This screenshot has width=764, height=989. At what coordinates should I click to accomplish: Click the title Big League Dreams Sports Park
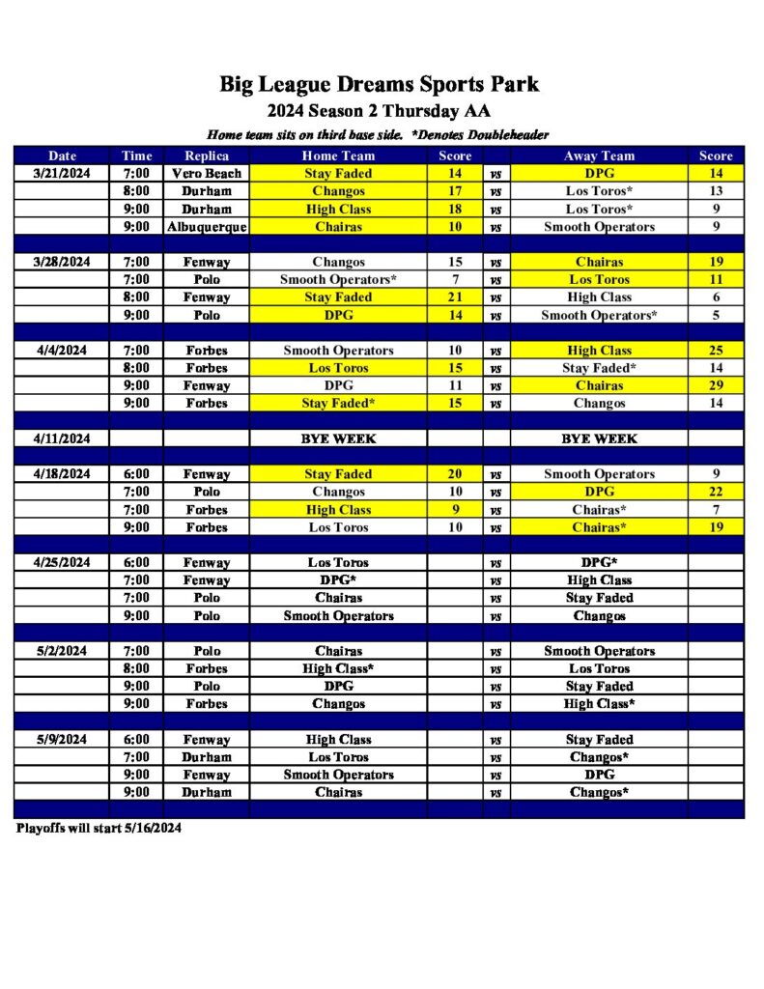coord(379,84)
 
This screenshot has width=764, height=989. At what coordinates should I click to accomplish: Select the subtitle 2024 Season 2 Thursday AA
coord(379,110)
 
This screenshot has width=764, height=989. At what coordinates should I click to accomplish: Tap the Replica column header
coord(206,155)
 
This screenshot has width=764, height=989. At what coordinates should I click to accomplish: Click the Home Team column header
coord(338,155)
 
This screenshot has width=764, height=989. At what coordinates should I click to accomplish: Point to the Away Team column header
coord(599,155)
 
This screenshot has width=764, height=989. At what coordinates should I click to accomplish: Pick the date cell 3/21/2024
coord(62,174)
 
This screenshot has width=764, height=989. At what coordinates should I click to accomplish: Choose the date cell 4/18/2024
coord(62,474)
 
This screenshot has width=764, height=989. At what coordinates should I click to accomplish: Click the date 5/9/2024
coord(62,740)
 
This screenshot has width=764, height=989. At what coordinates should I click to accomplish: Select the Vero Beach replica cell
coord(206,174)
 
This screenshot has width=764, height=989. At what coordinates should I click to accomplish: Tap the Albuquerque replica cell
coord(206,227)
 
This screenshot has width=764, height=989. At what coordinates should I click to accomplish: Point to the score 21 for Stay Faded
coord(455,297)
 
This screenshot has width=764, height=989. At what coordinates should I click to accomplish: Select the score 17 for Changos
coord(455,191)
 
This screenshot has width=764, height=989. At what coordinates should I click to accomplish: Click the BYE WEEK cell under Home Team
coord(338,438)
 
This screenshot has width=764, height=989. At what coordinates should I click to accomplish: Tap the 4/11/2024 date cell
coord(62,438)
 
